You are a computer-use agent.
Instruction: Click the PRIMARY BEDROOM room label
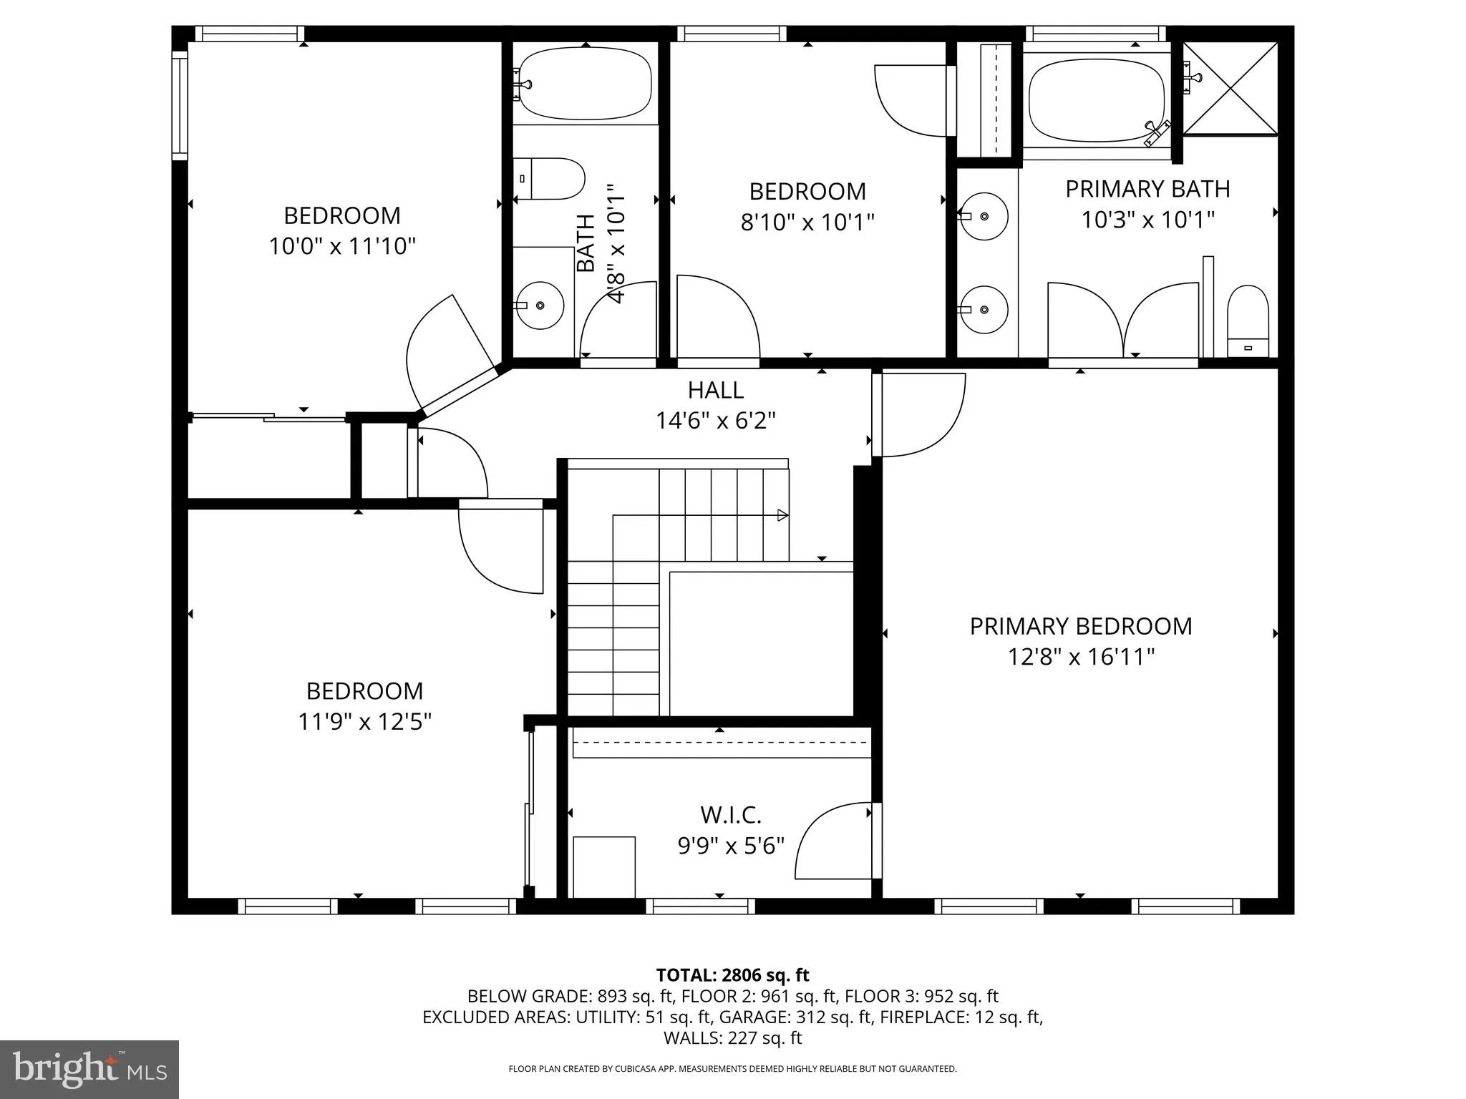click(x=1080, y=626)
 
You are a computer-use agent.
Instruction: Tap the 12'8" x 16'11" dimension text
click(x=1081, y=657)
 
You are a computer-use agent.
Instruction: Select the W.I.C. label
click(x=730, y=814)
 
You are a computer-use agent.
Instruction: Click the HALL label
click(x=715, y=390)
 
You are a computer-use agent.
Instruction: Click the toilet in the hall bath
click(x=550, y=179)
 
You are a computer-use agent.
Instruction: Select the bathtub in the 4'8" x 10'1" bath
click(x=585, y=84)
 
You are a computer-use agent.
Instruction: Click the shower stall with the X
click(x=1230, y=88)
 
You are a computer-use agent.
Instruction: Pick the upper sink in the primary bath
click(x=984, y=215)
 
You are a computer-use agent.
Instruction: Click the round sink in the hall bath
click(x=540, y=306)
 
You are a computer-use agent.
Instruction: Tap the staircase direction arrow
click(x=782, y=515)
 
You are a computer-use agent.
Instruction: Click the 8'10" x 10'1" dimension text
click(x=807, y=223)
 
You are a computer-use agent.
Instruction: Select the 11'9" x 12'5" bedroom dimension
click(x=364, y=721)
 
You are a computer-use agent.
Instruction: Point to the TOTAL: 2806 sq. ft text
click(x=732, y=975)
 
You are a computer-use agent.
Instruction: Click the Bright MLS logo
click(x=89, y=1069)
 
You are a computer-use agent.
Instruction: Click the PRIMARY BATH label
click(x=1147, y=189)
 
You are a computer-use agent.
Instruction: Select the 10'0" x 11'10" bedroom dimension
click(x=342, y=246)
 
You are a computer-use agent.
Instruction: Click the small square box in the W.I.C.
click(x=604, y=866)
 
